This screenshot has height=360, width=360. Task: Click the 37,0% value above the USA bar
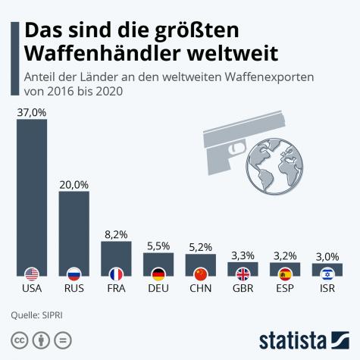[32, 111]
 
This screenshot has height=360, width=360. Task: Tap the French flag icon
[116, 274]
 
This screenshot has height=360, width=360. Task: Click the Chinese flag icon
[201, 274]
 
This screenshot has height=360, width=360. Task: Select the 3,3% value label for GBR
[243, 255]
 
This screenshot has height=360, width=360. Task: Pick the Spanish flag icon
[285, 274]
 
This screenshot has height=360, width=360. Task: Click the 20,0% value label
[74, 184]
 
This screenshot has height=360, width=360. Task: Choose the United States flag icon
[32, 274]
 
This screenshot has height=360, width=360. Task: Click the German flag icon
[158, 274]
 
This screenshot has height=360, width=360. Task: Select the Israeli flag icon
[327, 274]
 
